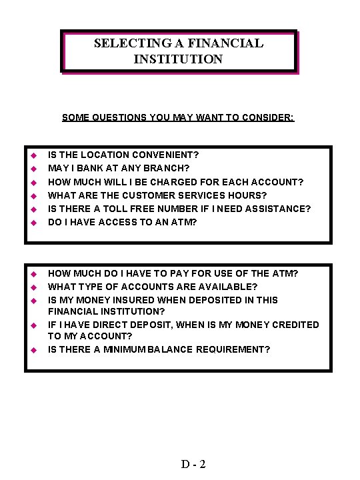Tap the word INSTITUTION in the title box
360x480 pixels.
178,59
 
